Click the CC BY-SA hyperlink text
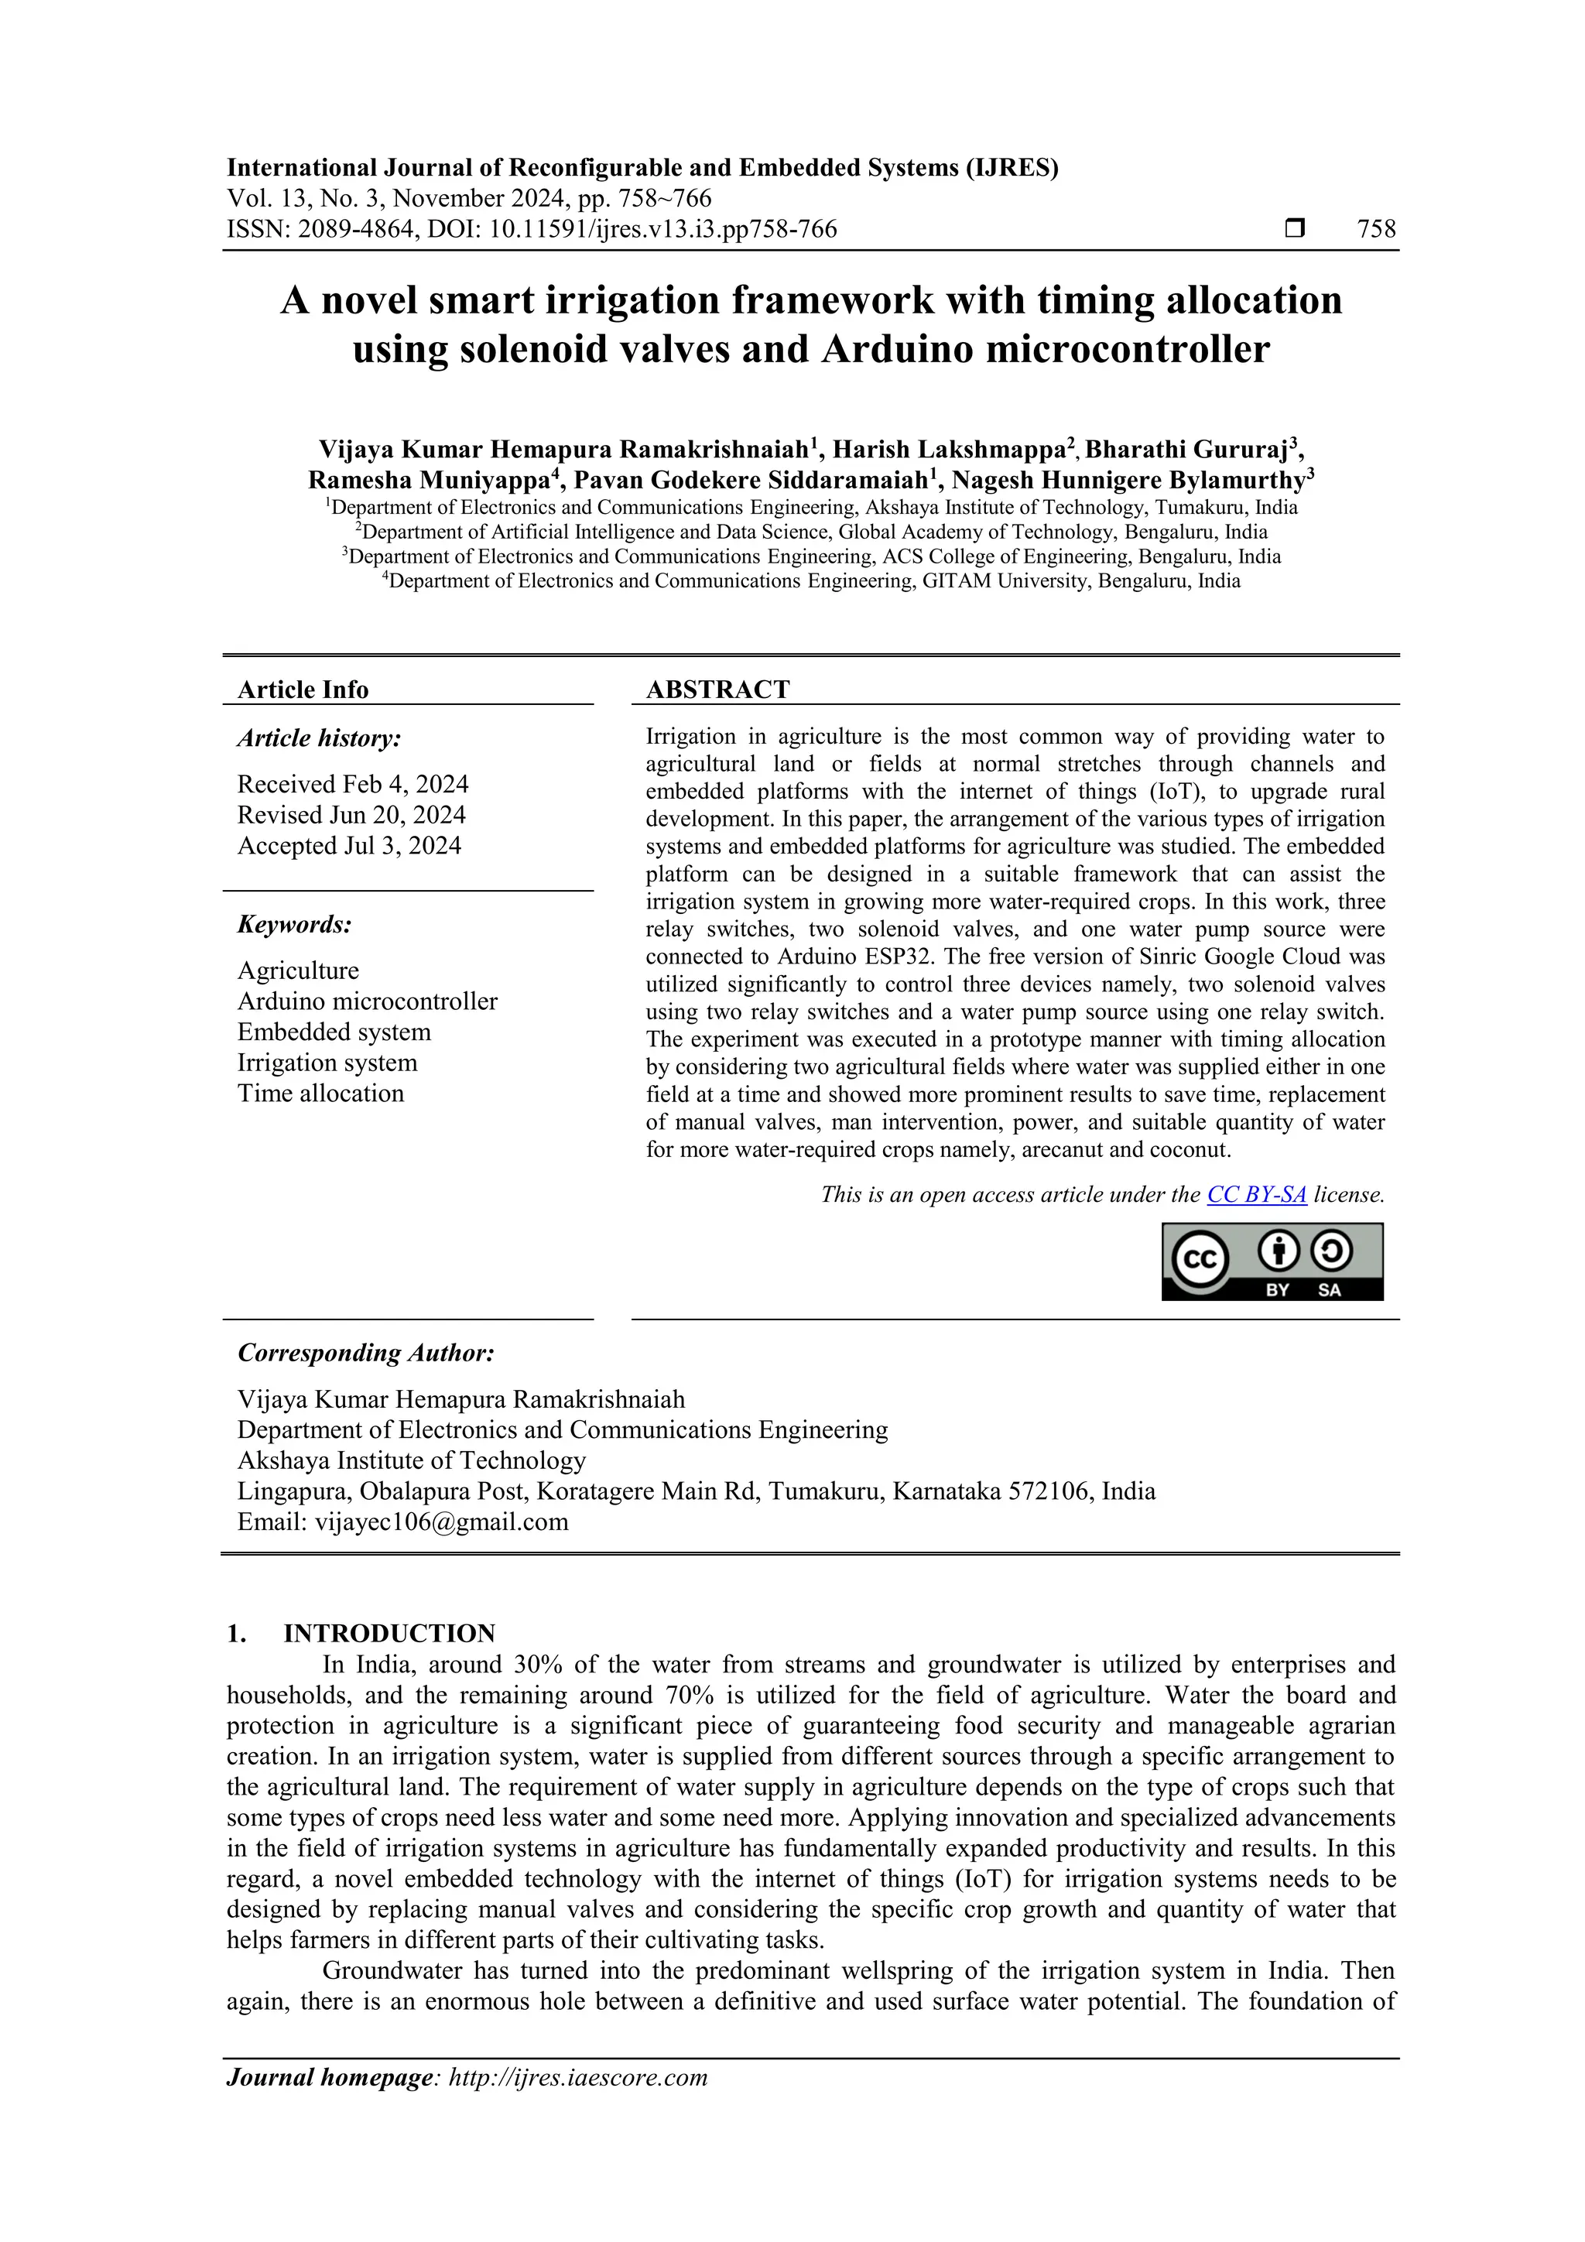pos(1256,1194)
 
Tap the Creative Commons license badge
pos(1272,1261)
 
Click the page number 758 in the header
pos(1376,230)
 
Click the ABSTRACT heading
pos(717,690)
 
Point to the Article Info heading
pos(303,690)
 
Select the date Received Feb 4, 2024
pos(353,784)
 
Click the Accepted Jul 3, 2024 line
pos(348,846)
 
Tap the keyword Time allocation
pos(320,1094)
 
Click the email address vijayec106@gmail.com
pos(441,1521)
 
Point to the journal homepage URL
pos(577,2077)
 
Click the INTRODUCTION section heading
pos(389,1634)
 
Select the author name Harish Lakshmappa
pos(947,450)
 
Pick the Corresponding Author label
pos(365,1354)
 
